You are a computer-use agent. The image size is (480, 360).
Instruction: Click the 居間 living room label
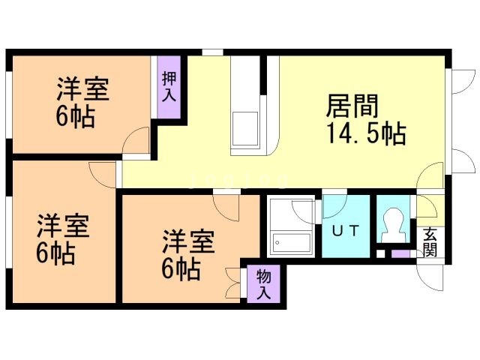(350, 106)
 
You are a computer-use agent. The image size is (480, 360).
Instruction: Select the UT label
(345, 230)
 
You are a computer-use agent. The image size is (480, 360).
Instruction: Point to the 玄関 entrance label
(429, 241)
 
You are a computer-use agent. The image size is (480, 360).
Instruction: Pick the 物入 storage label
(263, 283)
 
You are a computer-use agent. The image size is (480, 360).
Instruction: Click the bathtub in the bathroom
(291, 242)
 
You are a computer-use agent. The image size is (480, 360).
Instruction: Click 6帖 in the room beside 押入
(75, 118)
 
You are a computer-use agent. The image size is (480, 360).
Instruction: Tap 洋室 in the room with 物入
(189, 241)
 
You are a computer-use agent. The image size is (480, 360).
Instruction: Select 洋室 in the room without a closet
(63, 225)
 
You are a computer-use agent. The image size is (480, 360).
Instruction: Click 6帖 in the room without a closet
(55, 253)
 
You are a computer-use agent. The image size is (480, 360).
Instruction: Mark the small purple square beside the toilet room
(400, 253)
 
